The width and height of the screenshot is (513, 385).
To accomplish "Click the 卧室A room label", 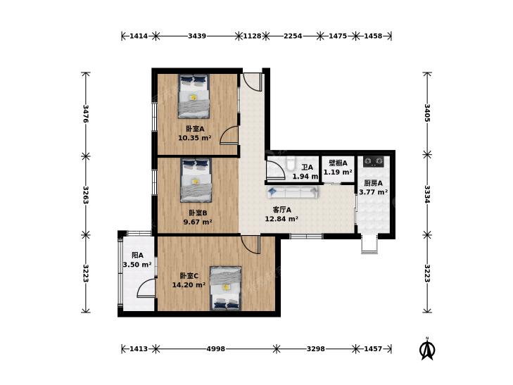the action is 195,130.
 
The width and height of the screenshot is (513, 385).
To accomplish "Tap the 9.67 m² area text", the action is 198,222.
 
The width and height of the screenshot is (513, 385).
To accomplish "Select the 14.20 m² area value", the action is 189,285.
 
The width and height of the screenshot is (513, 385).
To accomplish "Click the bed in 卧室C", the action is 226,288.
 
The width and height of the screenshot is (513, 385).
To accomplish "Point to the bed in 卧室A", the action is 194,96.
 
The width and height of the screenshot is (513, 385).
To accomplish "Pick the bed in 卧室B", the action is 196,180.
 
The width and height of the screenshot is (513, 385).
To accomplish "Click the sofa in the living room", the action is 293,192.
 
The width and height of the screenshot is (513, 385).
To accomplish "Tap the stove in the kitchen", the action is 374,161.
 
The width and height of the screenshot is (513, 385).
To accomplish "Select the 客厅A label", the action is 281,210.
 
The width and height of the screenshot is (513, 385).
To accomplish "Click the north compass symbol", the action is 427,348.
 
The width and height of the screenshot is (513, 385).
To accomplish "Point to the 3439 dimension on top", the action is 197,36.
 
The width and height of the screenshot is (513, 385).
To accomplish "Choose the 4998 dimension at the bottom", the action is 215,348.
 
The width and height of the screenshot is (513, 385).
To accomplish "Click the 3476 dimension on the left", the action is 86,113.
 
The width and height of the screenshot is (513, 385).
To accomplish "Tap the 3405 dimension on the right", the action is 427,113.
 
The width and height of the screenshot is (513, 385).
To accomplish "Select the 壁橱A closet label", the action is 338,163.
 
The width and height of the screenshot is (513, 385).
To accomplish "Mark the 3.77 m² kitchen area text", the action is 374,192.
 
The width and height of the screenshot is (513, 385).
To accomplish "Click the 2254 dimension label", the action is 293,36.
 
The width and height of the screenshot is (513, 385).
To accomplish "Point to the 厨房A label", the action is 373,183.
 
